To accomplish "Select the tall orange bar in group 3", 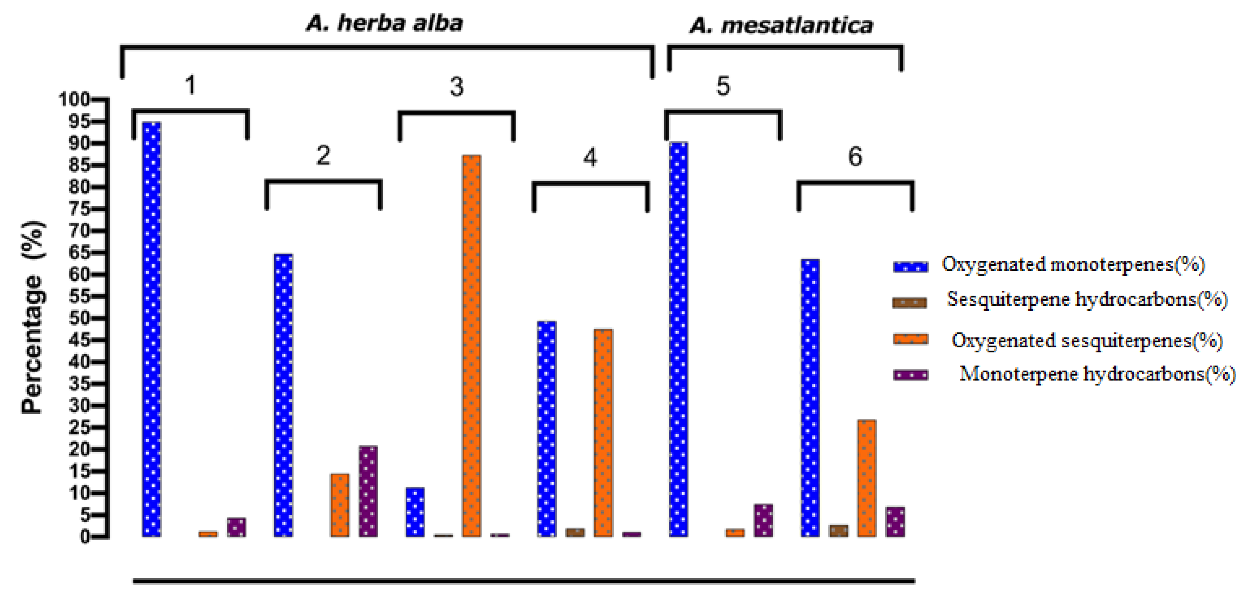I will click(471, 345).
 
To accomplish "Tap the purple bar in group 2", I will click(368, 491).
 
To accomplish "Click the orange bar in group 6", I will click(867, 477).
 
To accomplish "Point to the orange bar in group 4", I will click(603, 433).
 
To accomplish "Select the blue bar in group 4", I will click(547, 428).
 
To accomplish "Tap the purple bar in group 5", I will click(763, 520).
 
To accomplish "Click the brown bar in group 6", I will click(839, 530).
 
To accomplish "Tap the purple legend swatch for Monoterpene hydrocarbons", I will click(910, 375).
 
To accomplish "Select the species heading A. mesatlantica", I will click(781, 26).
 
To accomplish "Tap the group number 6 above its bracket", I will click(855, 157).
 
